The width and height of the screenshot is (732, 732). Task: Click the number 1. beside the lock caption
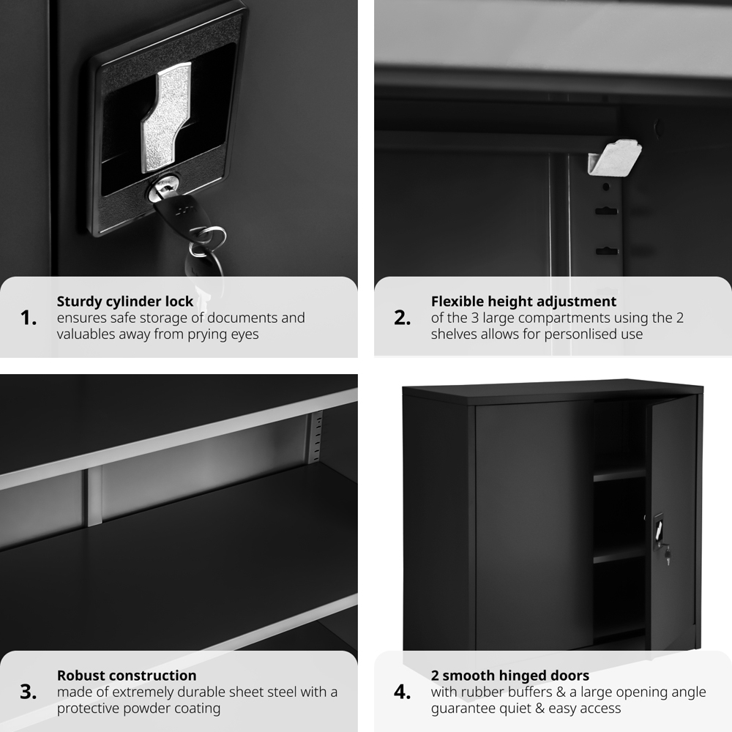pyautogui.click(x=29, y=318)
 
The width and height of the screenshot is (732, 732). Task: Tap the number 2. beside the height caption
pyautogui.click(x=403, y=318)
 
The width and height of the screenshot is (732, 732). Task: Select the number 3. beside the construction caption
pyautogui.click(x=29, y=692)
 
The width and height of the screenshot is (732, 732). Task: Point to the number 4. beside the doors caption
pyautogui.click(x=403, y=692)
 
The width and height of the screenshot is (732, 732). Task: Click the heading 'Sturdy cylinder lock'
pyautogui.click(x=125, y=301)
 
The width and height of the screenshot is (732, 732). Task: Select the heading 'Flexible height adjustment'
pyautogui.click(x=523, y=301)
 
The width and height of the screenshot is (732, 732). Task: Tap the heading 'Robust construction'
pyautogui.click(x=127, y=675)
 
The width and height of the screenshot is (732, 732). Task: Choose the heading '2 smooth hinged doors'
pyautogui.click(x=509, y=675)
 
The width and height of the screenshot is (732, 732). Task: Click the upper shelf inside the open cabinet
pyautogui.click(x=619, y=474)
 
